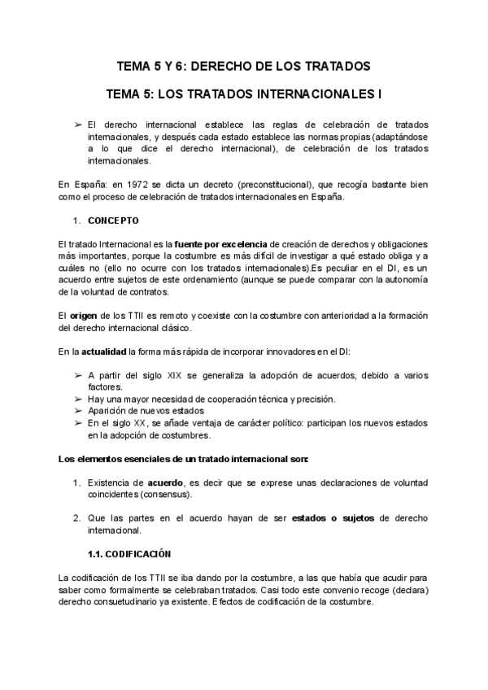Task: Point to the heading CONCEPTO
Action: (113, 221)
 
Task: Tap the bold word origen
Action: (84, 316)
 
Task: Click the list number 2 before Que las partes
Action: (76, 518)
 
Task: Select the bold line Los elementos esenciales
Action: (183, 459)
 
